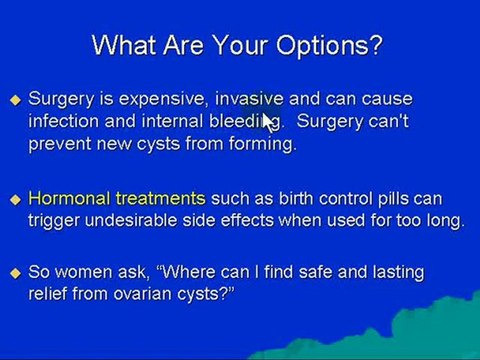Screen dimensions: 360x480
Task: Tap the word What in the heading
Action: pos(125,46)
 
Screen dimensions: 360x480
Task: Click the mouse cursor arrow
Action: pos(268,119)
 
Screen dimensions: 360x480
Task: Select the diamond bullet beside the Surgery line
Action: pos(15,100)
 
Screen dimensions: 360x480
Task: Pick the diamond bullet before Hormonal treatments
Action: pos(15,200)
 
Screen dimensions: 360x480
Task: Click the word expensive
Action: pos(161,99)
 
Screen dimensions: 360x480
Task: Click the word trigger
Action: pos(54,221)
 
